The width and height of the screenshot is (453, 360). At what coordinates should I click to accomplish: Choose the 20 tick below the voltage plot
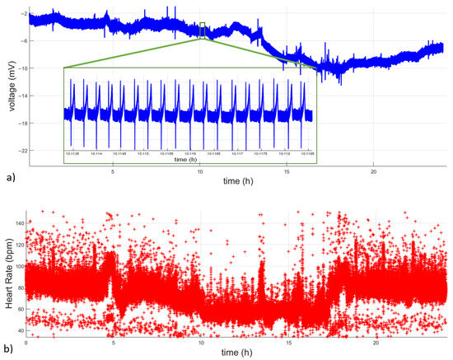point(374,171)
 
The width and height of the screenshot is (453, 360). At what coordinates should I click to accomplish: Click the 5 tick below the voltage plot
point(113,171)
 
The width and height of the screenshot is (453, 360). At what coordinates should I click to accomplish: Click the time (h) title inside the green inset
point(190,159)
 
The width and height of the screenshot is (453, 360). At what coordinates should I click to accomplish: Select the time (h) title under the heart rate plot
point(236,353)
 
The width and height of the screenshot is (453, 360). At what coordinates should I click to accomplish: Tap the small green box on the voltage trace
point(203,30)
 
